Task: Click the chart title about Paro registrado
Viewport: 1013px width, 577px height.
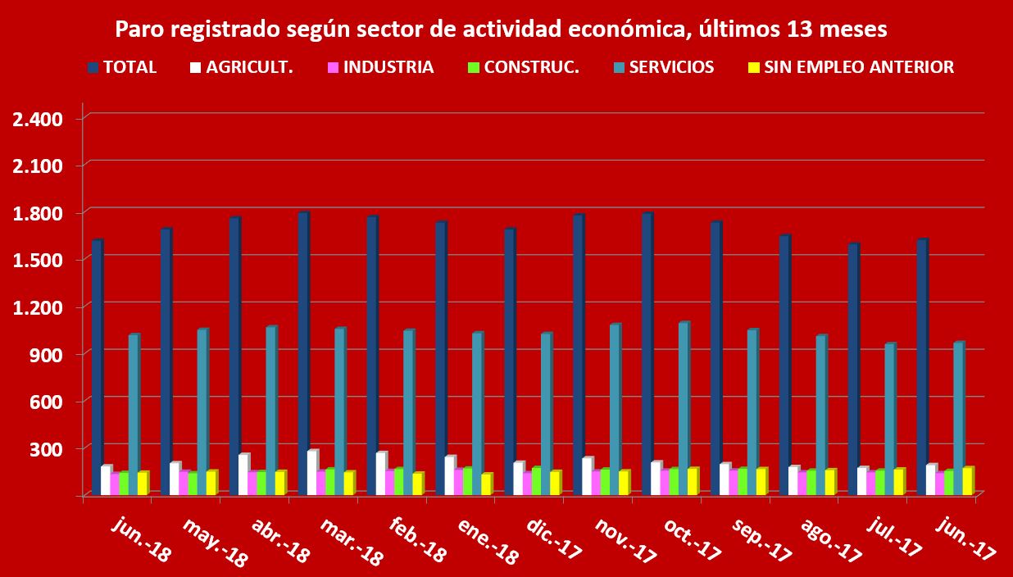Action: (501, 30)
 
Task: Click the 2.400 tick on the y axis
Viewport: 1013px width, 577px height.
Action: (39, 119)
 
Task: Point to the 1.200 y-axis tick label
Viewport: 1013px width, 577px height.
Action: (39, 307)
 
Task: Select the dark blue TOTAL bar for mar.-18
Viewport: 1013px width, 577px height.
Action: (303, 352)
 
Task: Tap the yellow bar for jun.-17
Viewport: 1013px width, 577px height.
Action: (968, 480)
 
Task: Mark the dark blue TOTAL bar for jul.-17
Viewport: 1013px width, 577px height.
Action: (853, 369)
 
